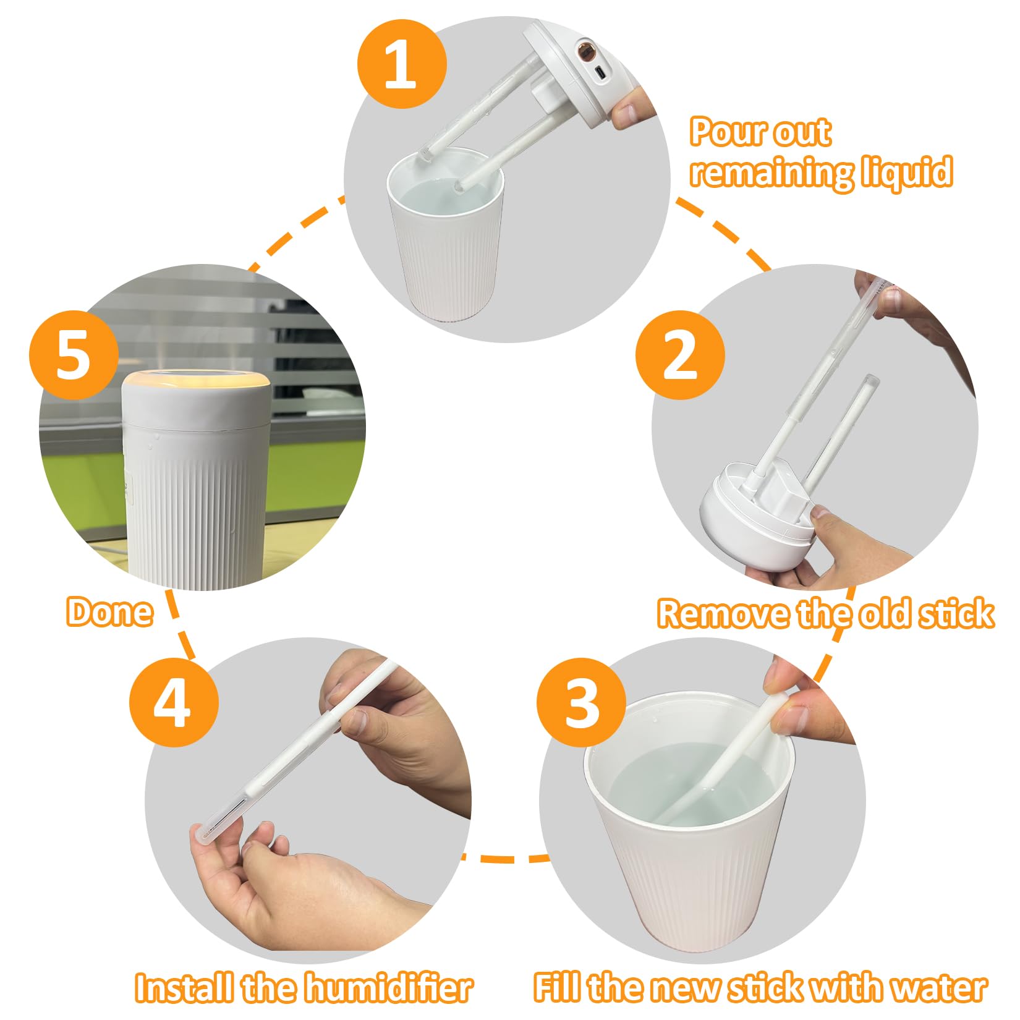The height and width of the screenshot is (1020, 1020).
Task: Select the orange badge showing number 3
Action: (x=581, y=702)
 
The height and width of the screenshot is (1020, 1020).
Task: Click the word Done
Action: (x=109, y=613)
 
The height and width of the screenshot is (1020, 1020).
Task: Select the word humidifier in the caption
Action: (x=389, y=988)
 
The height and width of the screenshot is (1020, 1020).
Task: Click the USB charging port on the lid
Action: (x=601, y=72)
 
